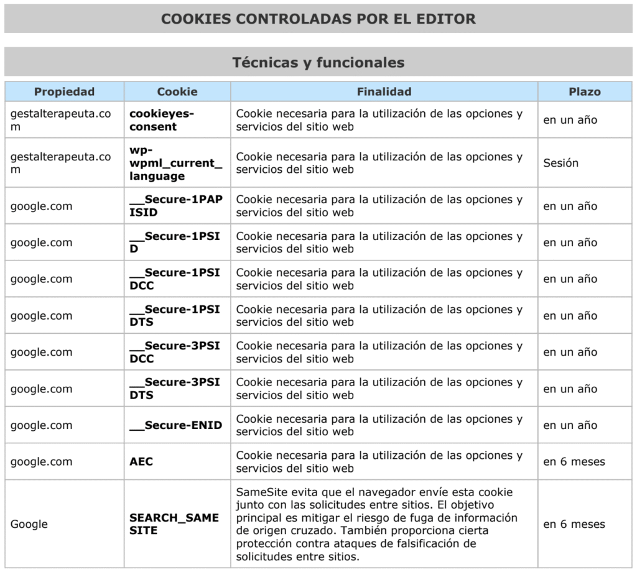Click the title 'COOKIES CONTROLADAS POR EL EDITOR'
pyautogui.click(x=318, y=19)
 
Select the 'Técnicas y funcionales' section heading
pyautogui.click(x=318, y=62)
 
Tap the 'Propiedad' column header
pyautogui.click(x=64, y=91)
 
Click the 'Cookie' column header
pyautogui.click(x=177, y=91)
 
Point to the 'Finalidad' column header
pyautogui.click(x=384, y=91)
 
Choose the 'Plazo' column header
pyautogui.click(x=584, y=91)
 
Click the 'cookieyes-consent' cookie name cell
pyautogui.click(x=162, y=120)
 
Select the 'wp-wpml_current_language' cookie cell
pyautogui.click(x=175, y=163)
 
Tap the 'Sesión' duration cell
pyautogui.click(x=560, y=163)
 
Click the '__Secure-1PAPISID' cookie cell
pyautogui.click(x=175, y=206)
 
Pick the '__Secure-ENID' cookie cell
pyautogui.click(x=175, y=425)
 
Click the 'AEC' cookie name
pyautogui.click(x=141, y=462)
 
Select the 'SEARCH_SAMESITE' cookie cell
pyautogui.click(x=174, y=524)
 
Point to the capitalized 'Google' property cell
pyautogui.click(x=29, y=524)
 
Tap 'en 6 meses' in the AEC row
pyautogui.click(x=574, y=462)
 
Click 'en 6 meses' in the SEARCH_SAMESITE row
pyautogui.click(x=574, y=524)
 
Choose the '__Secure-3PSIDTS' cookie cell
pyautogui.click(x=175, y=389)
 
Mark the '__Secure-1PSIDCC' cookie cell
pyautogui.click(x=175, y=279)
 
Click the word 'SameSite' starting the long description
pyautogui.click(x=258, y=492)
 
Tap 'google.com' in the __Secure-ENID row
pyautogui.click(x=41, y=425)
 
